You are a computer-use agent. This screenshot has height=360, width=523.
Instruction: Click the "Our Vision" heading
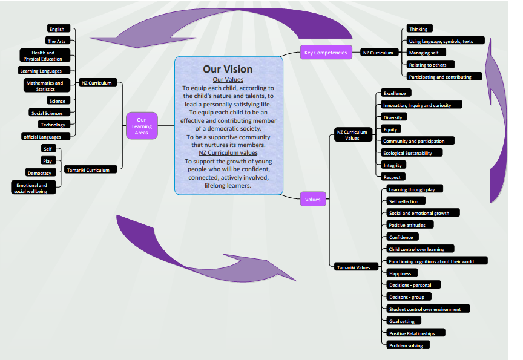click(x=228, y=69)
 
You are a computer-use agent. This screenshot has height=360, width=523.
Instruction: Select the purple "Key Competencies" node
click(x=326, y=52)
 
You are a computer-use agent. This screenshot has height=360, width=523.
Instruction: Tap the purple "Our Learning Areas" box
click(x=142, y=126)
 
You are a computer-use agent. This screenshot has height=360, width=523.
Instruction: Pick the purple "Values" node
click(x=313, y=199)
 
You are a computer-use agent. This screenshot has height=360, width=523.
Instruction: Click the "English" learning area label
click(x=58, y=28)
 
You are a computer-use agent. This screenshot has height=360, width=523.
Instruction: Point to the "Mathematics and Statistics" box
click(x=47, y=85)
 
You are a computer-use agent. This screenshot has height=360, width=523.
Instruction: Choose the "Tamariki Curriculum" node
click(x=90, y=169)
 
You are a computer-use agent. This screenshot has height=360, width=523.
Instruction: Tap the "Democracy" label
click(x=41, y=172)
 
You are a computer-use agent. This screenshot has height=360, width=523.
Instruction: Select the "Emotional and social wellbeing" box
click(x=33, y=188)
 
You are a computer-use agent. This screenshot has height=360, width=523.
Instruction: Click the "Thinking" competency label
click(x=419, y=28)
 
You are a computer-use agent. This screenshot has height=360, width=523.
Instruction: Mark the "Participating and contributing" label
click(x=444, y=76)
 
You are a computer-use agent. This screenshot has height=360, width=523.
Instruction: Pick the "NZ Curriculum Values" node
click(x=354, y=135)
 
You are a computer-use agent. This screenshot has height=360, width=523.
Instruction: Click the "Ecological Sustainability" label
click(x=412, y=152)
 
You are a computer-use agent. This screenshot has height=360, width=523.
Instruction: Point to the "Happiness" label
click(x=402, y=273)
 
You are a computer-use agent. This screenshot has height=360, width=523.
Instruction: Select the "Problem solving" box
click(x=408, y=345)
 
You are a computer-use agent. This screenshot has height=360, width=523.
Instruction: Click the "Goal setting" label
click(x=404, y=321)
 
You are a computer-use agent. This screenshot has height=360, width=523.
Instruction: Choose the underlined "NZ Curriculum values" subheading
click(x=228, y=152)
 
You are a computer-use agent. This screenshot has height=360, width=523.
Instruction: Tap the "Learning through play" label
click(x=415, y=189)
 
